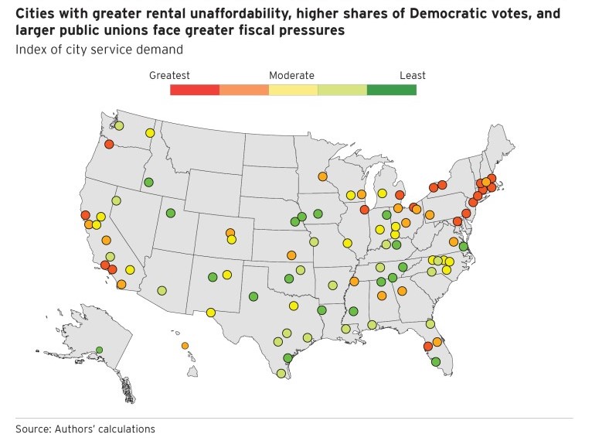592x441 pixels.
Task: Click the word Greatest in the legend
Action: coord(169,76)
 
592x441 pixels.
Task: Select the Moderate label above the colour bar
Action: coord(291,76)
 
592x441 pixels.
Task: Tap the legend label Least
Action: coord(413,76)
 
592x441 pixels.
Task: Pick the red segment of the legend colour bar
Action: coord(195,90)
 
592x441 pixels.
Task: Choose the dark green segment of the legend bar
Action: coord(392,90)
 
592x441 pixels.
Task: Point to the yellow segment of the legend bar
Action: coord(293,90)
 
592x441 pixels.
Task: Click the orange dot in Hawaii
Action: coord(185,346)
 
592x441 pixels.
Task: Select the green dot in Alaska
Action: coord(99,350)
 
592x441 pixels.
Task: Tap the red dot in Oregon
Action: coord(109,144)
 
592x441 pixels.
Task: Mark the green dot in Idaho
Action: coord(148,183)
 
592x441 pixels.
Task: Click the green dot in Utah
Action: coord(171,213)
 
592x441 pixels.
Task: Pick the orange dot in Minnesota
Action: coord(322,176)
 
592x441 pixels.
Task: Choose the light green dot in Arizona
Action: coord(162,291)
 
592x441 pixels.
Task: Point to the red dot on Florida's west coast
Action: coord(427,347)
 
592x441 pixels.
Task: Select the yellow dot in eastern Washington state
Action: coord(149,133)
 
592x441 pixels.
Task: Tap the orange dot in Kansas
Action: coord(291,255)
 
